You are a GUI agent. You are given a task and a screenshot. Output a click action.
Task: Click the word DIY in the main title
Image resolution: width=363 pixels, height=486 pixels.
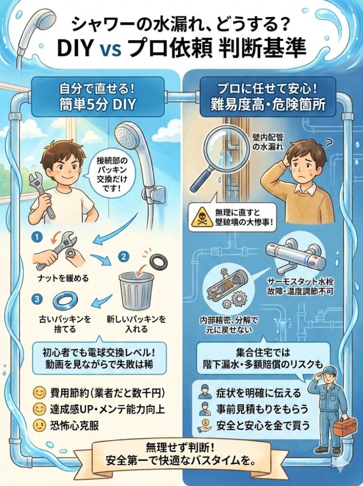point(75,48)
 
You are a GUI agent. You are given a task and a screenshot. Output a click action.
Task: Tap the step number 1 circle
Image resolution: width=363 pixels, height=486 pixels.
point(37,238)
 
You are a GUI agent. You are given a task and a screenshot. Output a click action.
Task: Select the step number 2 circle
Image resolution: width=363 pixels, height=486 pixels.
point(124,257)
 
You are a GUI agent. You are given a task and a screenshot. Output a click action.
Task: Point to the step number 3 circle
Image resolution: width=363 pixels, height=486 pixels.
point(37,299)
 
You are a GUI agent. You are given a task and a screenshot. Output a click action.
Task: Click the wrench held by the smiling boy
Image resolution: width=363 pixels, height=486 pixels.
point(42,195)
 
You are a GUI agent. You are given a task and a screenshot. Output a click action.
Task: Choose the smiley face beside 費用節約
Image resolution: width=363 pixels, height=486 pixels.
point(39,393)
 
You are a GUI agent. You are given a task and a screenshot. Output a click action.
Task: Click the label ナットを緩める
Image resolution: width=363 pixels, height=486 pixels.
point(63,278)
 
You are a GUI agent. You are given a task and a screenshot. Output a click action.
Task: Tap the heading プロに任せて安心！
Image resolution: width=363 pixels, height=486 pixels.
point(268,89)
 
